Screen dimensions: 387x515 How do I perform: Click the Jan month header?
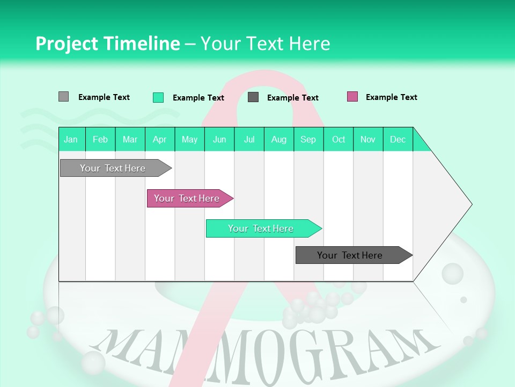[71, 139]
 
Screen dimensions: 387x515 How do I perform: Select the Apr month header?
[159, 139]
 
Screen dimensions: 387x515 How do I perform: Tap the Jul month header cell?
[249, 139]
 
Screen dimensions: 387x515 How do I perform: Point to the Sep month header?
[308, 139]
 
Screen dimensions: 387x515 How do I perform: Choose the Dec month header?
[398, 139]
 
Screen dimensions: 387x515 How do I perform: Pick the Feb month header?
[100, 139]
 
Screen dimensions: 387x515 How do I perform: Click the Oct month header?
[339, 139]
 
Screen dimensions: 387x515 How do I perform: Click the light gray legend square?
[63, 97]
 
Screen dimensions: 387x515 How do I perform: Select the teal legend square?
[158, 97]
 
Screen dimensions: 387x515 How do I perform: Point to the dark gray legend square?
[253, 97]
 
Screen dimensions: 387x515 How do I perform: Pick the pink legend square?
[352, 97]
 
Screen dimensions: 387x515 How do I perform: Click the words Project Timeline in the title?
[107, 44]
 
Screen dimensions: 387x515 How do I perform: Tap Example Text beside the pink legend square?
[391, 97]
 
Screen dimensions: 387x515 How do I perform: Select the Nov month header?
[368, 139]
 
